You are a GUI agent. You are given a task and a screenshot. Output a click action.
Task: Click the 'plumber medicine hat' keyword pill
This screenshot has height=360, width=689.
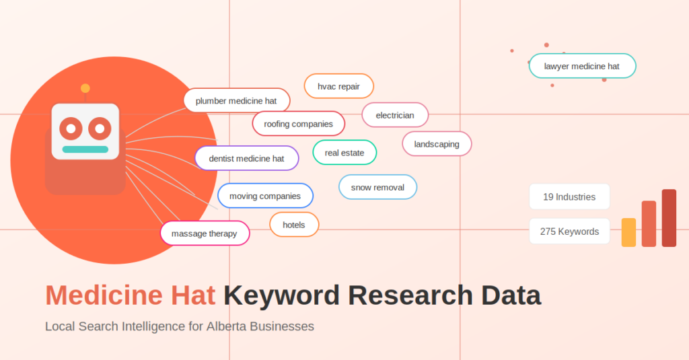[x=236, y=101]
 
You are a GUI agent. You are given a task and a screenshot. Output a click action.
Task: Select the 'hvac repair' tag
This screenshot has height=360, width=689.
[x=338, y=86]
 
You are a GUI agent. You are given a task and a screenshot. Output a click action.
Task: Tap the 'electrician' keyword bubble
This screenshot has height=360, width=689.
[x=395, y=115]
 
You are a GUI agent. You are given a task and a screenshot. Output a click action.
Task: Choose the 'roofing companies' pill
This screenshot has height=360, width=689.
[x=298, y=124]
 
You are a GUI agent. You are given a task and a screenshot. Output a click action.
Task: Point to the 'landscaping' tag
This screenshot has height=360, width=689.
[x=437, y=144]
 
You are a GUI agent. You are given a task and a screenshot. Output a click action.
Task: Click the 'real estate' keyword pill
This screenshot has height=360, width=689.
[x=344, y=153]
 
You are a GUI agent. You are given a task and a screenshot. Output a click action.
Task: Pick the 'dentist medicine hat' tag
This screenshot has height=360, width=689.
[x=246, y=159]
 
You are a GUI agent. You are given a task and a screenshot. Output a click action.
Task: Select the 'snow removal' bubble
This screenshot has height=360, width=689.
[x=377, y=187]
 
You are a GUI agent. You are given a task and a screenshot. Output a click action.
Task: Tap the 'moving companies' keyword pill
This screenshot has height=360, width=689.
[x=265, y=196]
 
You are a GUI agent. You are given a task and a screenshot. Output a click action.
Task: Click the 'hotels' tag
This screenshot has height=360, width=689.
[x=294, y=225]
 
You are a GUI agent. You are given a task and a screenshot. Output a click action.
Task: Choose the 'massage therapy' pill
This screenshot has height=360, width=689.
[x=205, y=233]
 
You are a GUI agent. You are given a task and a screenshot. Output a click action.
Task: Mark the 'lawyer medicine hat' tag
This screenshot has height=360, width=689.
[x=582, y=66]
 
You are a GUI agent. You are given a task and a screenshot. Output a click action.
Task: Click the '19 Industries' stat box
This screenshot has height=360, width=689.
[x=569, y=197]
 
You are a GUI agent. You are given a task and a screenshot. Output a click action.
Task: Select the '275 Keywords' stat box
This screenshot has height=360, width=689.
[x=569, y=231]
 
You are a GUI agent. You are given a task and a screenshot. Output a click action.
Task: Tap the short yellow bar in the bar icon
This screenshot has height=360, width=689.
[x=628, y=233]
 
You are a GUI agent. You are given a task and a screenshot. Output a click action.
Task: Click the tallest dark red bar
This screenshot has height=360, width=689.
[x=669, y=218]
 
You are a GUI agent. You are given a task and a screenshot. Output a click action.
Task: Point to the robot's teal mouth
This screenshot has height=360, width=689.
[x=85, y=149]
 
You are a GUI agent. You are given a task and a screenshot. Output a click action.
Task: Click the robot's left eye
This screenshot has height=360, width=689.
[x=71, y=127]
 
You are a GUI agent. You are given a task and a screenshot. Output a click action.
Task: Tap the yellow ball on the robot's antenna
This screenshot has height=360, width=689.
[x=85, y=88]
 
